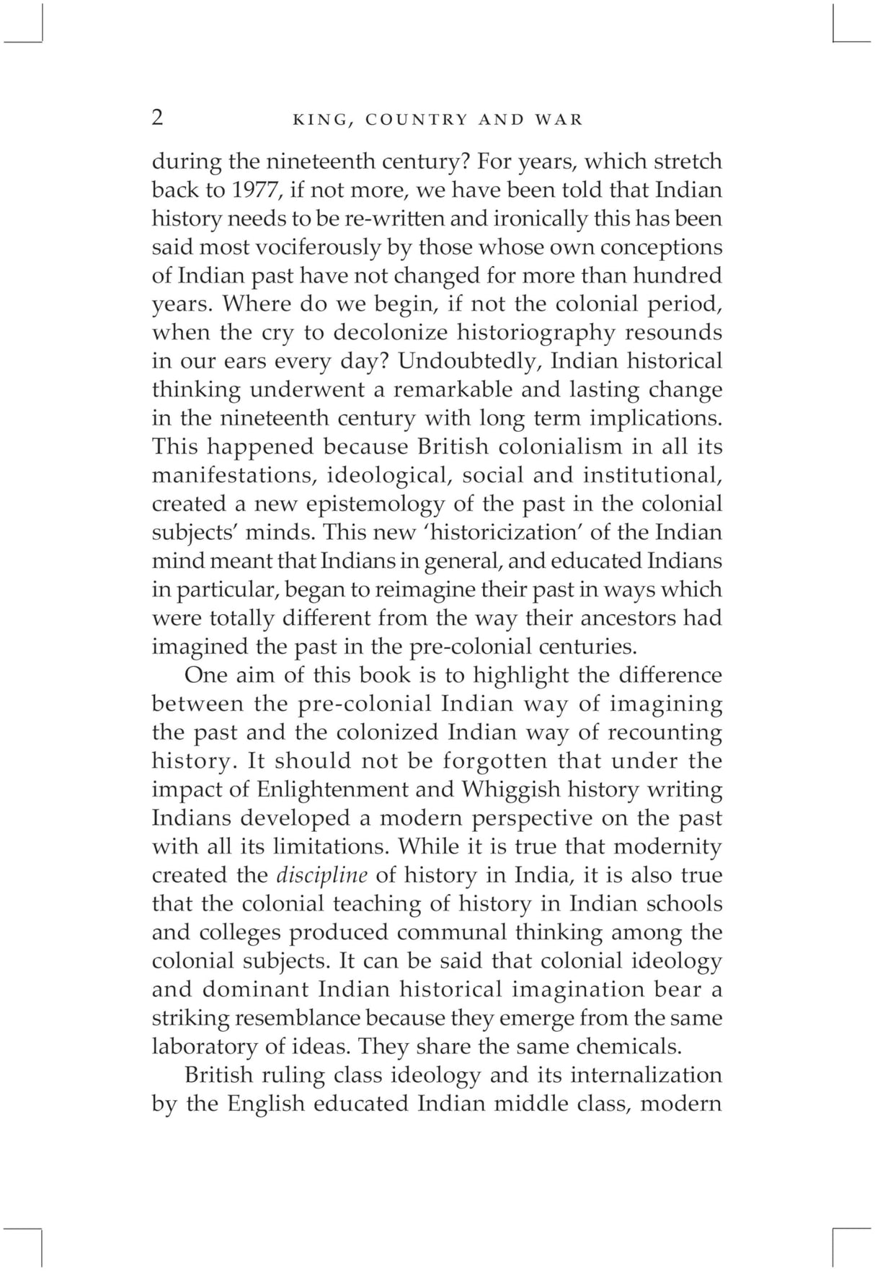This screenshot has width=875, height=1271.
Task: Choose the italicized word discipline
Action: pyautogui.click(x=321, y=875)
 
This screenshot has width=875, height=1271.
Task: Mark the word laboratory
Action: pyautogui.click(x=196, y=1046)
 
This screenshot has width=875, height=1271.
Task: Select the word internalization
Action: pyautogui.click(x=645, y=1075)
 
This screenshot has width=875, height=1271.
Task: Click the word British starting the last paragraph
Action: pyautogui.click(x=218, y=1075)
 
